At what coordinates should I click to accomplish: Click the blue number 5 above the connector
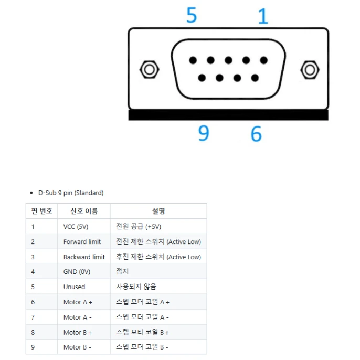(192, 15)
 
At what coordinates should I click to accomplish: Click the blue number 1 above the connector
(263, 16)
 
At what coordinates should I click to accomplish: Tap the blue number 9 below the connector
(204, 133)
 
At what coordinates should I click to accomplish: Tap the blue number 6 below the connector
(256, 133)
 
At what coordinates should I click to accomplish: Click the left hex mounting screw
(150, 69)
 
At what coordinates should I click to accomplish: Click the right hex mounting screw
(309, 69)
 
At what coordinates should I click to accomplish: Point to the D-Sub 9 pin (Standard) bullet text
(71, 193)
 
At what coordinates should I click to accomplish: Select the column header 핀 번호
(41, 211)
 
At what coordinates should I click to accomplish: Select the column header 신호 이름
(83, 211)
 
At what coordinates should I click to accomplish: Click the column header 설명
(158, 211)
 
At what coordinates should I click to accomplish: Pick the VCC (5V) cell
(76, 227)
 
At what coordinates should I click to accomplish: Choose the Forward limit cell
(82, 242)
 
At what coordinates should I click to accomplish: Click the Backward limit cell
(84, 257)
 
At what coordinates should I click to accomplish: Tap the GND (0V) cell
(77, 272)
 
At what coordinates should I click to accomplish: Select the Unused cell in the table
(74, 287)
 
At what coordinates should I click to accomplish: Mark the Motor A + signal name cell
(78, 302)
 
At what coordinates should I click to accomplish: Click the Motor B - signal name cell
(77, 347)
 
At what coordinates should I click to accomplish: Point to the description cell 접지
(122, 272)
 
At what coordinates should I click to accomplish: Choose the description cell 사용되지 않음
(136, 287)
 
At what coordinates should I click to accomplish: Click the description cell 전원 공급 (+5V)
(139, 227)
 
